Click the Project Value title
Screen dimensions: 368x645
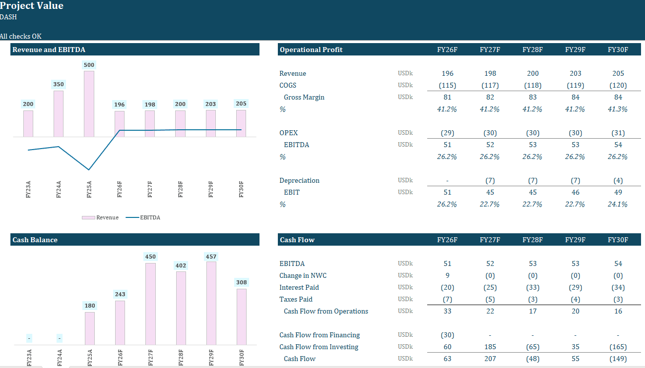coord(32,6)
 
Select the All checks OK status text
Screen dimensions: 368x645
coord(21,36)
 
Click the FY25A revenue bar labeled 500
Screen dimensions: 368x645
coord(89,104)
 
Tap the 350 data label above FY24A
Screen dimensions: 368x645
coord(59,85)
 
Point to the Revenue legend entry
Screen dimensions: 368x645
coord(101,217)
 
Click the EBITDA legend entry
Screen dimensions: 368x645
coord(144,217)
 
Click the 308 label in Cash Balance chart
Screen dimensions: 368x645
coord(242,282)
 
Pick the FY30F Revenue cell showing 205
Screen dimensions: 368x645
coord(618,73)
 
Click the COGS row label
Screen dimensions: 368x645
coord(288,85)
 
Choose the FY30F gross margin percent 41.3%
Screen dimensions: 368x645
coord(618,109)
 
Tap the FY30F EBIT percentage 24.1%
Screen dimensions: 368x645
coord(618,204)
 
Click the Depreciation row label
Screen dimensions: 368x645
coord(299,180)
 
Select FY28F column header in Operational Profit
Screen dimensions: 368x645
coord(532,50)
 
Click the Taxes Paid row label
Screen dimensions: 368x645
coord(296,299)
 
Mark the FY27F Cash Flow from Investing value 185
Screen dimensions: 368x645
coord(490,347)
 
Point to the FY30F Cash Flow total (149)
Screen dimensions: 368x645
coord(618,359)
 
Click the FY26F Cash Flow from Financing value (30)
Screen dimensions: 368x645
coord(447,335)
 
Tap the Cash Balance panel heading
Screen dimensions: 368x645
coord(35,240)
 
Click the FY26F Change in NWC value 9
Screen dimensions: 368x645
coord(448,275)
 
